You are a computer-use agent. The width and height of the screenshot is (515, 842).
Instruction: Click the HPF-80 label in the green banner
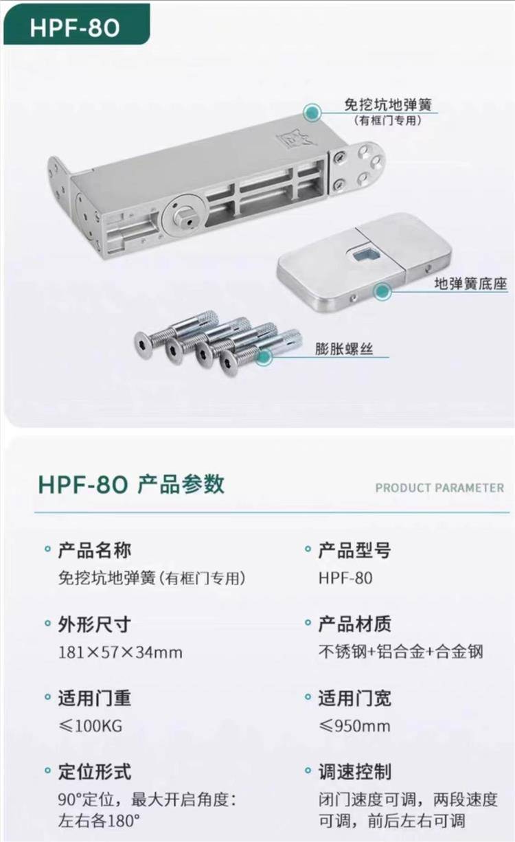(x=75, y=28)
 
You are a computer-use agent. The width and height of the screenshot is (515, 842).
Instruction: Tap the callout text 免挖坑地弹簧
(x=388, y=105)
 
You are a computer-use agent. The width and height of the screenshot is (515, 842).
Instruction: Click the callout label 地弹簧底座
(x=470, y=284)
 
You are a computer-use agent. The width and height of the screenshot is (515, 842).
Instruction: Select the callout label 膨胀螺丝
(x=344, y=349)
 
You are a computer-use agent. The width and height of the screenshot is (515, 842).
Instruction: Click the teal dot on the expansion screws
(x=264, y=356)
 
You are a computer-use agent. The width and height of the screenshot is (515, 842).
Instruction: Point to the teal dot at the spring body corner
(x=312, y=112)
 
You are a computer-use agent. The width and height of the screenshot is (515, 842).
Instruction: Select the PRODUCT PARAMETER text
(x=439, y=488)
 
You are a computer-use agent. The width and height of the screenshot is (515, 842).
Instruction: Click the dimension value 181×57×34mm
(x=120, y=652)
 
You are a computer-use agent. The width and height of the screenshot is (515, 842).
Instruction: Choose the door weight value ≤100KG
(x=91, y=726)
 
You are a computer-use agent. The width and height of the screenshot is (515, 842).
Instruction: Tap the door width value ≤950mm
(x=354, y=726)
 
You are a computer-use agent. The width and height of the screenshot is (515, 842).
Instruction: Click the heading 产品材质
(x=354, y=624)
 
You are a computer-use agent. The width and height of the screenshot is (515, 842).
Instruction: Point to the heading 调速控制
(x=355, y=772)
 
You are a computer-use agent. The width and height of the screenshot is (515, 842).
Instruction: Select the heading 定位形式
(x=94, y=772)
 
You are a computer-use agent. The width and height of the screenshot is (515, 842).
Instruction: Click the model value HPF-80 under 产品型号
(x=345, y=578)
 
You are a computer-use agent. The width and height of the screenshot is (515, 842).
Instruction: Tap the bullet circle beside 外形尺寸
(x=47, y=624)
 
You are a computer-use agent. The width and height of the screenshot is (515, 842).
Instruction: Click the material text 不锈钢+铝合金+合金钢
(x=401, y=652)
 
